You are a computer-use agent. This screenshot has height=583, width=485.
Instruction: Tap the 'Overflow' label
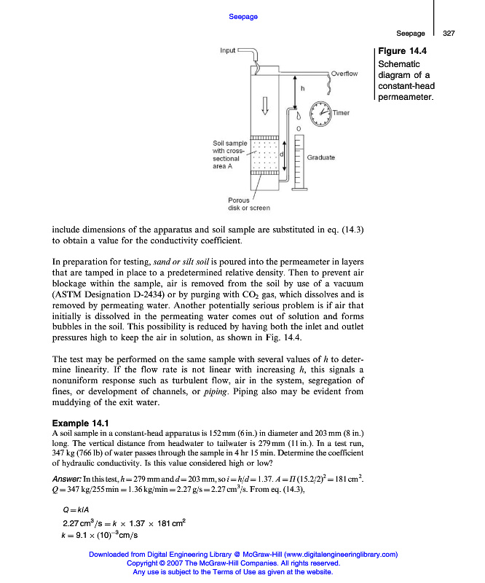[344, 74]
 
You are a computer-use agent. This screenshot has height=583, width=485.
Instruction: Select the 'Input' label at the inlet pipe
[228, 50]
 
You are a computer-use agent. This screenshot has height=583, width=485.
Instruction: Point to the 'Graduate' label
[321, 157]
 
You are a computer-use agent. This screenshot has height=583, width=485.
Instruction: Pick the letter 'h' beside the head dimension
[302, 88]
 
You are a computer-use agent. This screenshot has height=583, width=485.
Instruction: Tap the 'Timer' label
[341, 113]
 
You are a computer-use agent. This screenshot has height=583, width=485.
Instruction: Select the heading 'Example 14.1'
[80, 423]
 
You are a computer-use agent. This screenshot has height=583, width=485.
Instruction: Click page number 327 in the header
[449, 34]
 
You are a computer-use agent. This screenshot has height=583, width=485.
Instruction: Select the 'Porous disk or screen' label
[249, 203]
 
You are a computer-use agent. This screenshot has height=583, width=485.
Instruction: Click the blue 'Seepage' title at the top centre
[242, 16]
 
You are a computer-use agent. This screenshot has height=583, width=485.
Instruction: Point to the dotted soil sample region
[264, 154]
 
